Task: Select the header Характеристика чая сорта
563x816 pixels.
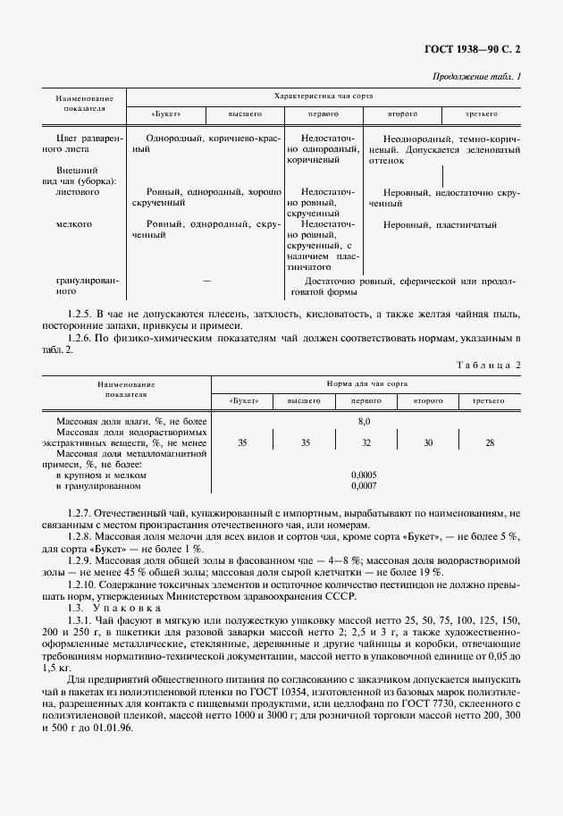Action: point(323,95)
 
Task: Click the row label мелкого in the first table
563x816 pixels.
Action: point(72,224)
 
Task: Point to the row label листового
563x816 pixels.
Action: point(78,192)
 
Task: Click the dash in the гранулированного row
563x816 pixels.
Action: point(206,281)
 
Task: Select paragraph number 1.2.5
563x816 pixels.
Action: point(80,314)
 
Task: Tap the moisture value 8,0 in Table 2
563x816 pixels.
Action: point(363,419)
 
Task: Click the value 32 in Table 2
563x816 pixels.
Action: point(365,442)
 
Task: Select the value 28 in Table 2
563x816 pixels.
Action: point(489,442)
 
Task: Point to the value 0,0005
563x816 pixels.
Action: point(364,475)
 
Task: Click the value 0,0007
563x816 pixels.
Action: point(364,486)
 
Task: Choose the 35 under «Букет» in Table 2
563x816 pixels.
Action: point(242,442)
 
